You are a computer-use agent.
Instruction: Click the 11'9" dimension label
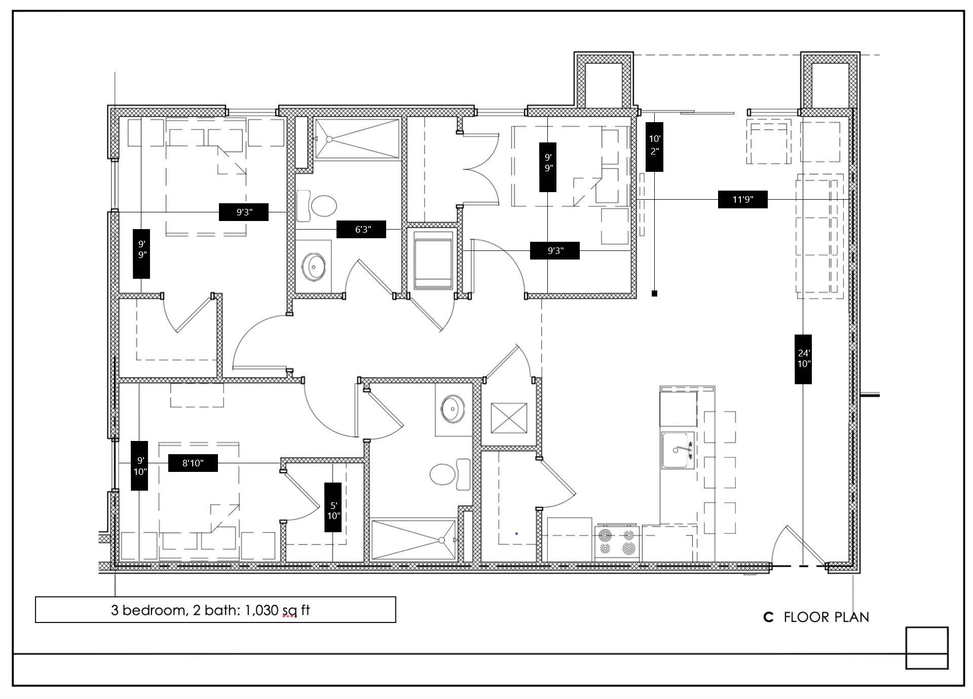click(742, 199)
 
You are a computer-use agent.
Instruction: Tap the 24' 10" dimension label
click(803, 359)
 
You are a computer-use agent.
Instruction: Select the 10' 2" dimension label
click(654, 146)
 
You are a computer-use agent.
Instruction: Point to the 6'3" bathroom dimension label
click(361, 229)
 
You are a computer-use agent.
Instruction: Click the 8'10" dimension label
click(193, 463)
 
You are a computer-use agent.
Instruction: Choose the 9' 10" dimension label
click(139, 465)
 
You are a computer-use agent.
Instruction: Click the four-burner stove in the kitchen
click(617, 542)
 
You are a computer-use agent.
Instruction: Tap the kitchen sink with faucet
click(678, 450)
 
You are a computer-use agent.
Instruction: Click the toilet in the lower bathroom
click(451, 474)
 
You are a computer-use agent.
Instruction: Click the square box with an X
click(509, 418)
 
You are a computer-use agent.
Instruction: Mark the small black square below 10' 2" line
click(654, 293)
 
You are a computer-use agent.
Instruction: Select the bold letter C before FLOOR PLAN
click(768, 617)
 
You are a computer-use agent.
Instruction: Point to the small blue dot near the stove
click(516, 533)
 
